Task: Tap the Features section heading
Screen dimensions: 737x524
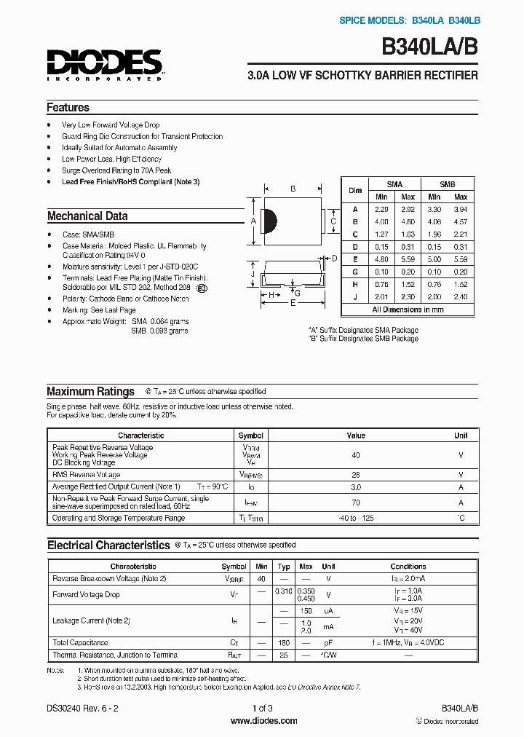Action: (x=68, y=107)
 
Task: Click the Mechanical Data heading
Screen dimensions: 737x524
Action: (x=87, y=216)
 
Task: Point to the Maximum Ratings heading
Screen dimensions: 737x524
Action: (x=90, y=391)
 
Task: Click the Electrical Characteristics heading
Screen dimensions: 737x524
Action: (x=108, y=545)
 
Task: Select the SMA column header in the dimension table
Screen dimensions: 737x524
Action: (x=394, y=184)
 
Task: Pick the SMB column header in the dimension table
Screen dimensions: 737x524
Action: (x=448, y=184)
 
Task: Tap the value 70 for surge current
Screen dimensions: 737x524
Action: (x=356, y=502)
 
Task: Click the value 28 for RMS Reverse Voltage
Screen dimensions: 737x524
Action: (x=356, y=474)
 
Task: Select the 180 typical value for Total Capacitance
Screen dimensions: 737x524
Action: (x=284, y=643)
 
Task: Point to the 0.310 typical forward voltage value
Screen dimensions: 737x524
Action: (x=284, y=591)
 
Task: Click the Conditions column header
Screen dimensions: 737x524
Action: (x=408, y=566)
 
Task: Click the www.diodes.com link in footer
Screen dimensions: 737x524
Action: (x=263, y=721)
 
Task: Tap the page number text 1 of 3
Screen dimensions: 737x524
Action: (x=262, y=708)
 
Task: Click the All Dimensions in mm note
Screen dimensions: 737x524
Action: (x=408, y=310)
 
